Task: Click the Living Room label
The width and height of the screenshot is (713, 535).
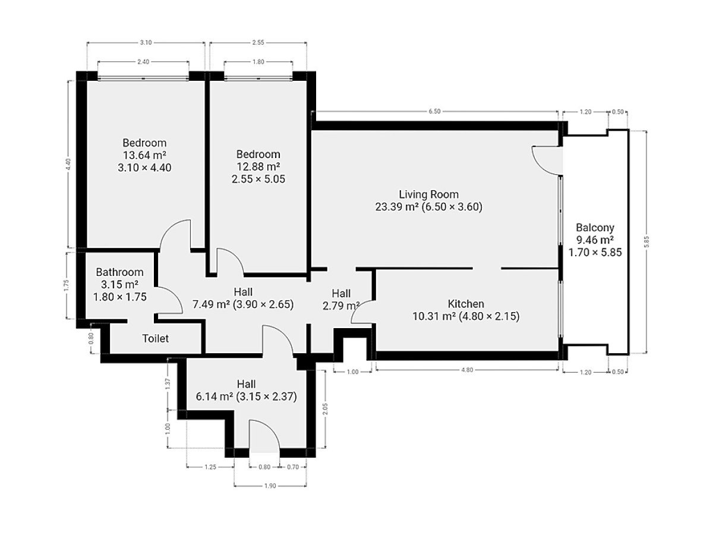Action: click(x=428, y=194)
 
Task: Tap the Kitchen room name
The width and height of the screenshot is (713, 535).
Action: click(x=466, y=304)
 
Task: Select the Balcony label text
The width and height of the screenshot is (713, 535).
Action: click(x=595, y=228)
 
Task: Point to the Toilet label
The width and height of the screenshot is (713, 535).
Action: click(x=155, y=338)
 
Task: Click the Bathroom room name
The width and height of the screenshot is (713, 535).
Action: click(x=119, y=272)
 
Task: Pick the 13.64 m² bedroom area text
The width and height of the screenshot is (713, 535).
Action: click(x=144, y=155)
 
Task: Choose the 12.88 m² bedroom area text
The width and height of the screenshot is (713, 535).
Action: click(x=258, y=166)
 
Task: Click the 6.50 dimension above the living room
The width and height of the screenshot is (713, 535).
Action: click(x=434, y=111)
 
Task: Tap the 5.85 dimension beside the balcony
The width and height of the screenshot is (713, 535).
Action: click(x=646, y=242)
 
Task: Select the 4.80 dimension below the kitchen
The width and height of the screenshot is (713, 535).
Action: click(x=467, y=370)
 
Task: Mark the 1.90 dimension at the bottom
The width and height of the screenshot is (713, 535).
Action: click(x=270, y=486)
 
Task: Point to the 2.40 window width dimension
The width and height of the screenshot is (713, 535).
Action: click(x=143, y=62)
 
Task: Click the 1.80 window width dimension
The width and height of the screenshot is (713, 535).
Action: click(x=258, y=62)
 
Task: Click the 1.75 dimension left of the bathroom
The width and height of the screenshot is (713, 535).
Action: click(x=67, y=285)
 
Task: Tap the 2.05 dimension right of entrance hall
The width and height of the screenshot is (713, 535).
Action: click(x=325, y=409)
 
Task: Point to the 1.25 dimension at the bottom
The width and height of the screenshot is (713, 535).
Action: click(x=210, y=467)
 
